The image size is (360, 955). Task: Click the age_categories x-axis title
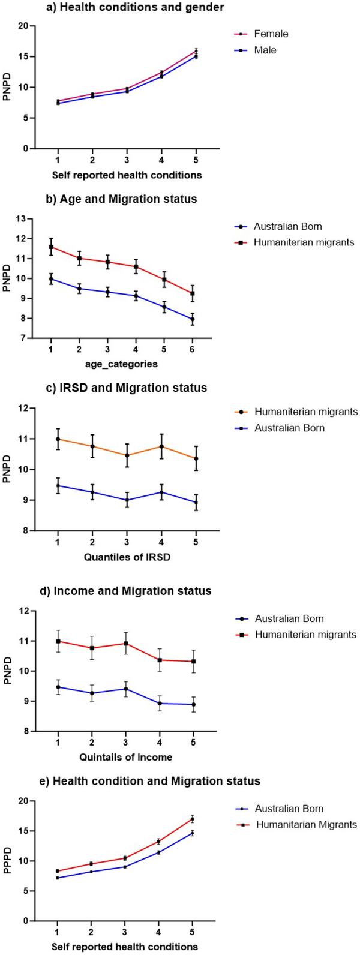point(125,364)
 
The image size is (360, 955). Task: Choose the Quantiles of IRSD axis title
point(125,557)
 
